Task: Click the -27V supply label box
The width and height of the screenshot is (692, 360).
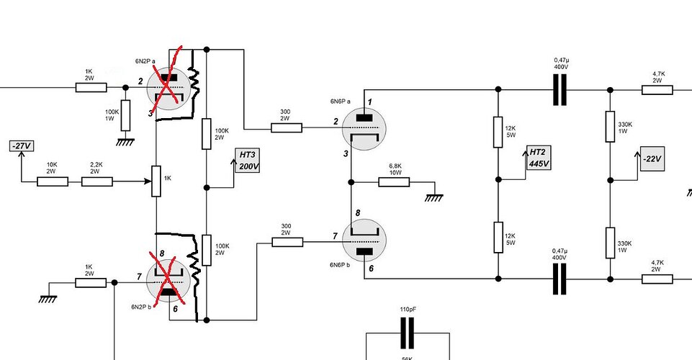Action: [x=21, y=145]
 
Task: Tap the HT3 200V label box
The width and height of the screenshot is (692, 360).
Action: [x=247, y=161]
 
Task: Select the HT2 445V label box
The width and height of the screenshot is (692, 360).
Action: [x=539, y=158]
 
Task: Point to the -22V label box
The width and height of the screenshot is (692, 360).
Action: [x=652, y=159]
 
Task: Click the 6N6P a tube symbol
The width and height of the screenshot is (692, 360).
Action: [x=364, y=129]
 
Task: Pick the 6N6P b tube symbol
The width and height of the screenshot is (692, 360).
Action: [x=364, y=241]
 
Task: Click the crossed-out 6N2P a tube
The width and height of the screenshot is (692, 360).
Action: [x=168, y=89]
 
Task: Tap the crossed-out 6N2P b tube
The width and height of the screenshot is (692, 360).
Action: [x=168, y=281]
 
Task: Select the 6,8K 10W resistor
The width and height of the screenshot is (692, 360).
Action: [x=394, y=181]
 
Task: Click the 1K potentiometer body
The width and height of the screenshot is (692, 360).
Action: [x=156, y=181]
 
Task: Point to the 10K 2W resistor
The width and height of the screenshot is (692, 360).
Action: [x=53, y=181]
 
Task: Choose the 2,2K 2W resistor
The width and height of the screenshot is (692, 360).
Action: [x=97, y=181]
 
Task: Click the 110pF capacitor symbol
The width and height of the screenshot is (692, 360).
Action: [x=408, y=333]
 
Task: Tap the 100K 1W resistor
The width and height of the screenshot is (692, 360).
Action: [x=126, y=116]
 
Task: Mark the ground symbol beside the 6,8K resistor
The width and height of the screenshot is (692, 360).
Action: [x=434, y=198]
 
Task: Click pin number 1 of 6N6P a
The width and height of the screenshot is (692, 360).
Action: [x=370, y=102]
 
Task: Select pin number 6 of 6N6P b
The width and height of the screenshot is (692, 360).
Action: [x=371, y=269]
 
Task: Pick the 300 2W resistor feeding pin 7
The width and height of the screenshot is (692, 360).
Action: [x=287, y=242]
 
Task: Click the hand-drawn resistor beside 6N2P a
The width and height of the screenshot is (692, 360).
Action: [x=194, y=84]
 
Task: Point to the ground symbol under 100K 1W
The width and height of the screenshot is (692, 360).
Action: [x=126, y=142]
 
